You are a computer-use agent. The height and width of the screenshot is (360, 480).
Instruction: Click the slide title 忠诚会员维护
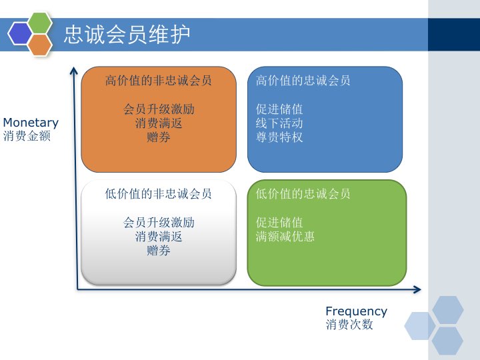coord(127,35)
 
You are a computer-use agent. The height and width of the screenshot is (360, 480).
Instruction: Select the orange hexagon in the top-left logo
coord(41,44)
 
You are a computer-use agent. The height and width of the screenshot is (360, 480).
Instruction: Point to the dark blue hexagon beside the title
coord(20,33)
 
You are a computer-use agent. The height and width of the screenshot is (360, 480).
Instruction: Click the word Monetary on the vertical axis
coord(31,123)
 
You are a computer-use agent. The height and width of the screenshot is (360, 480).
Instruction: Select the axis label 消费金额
coord(27,136)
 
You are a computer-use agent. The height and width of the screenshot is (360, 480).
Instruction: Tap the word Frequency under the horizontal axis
coord(356,311)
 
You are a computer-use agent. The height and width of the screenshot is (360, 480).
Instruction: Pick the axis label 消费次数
coord(349,325)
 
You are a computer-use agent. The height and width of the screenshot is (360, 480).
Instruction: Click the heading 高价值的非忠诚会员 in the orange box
coord(159,81)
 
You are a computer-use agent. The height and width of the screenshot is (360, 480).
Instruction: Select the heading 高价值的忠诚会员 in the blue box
coord(303,81)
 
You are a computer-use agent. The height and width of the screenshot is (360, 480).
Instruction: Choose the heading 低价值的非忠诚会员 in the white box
coord(159,194)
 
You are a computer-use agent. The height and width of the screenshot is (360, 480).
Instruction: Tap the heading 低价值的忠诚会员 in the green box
coord(303,194)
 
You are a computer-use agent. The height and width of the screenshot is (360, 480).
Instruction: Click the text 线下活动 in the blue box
coord(279,123)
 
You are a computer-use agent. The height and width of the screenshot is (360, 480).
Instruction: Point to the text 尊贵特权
coord(279,137)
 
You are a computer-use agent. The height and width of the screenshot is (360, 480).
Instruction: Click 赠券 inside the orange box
coord(159,137)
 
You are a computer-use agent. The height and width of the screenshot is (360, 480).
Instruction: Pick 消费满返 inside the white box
coord(159,237)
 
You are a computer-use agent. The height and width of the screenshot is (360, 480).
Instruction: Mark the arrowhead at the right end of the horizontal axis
coord(417,289)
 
